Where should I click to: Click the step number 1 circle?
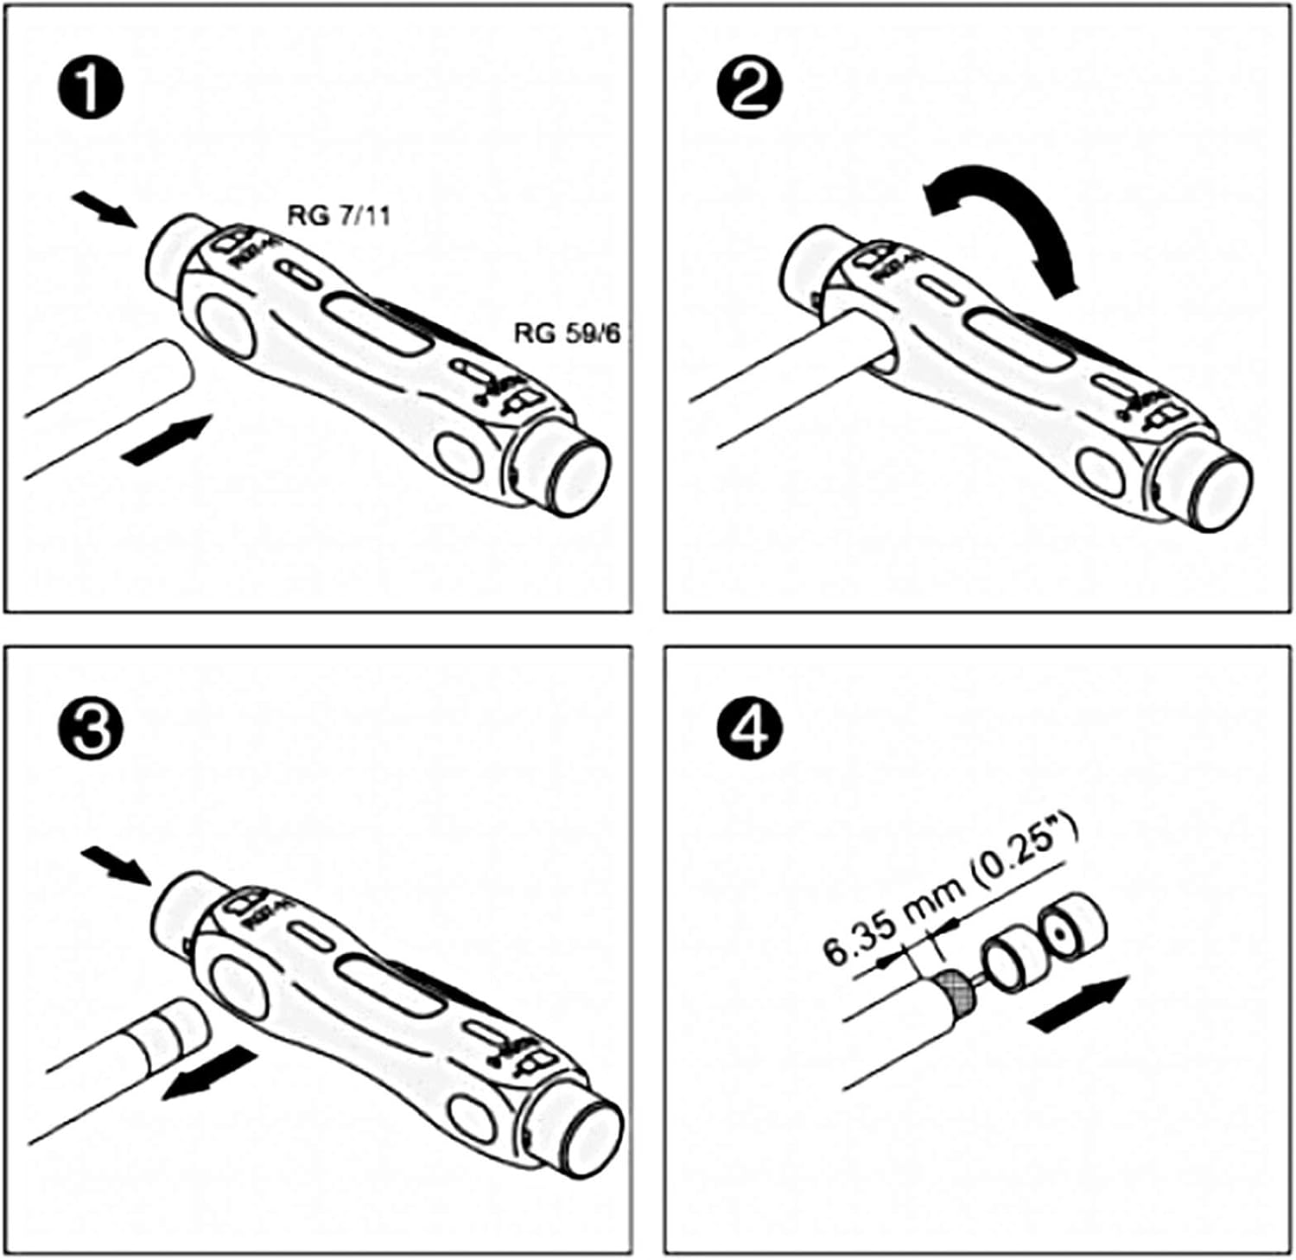[x=91, y=88]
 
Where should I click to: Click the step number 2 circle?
[x=750, y=88]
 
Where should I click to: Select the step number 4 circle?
[x=750, y=729]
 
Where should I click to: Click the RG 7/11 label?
[x=339, y=214]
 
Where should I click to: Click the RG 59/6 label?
[x=567, y=334]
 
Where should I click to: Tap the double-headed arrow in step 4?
[x=1079, y=1003]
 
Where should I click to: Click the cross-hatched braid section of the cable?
[x=957, y=991]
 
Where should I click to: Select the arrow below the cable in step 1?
[x=167, y=439]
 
